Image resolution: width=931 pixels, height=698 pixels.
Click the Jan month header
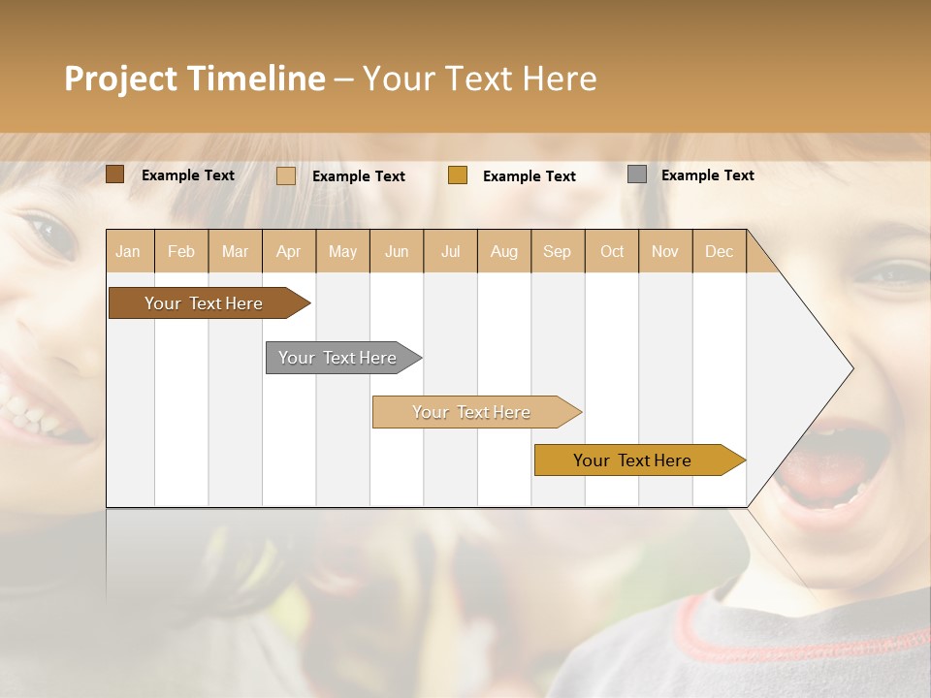click(x=128, y=251)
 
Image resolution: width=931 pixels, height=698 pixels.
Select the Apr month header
click(x=289, y=251)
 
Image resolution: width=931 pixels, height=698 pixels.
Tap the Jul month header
click(x=450, y=251)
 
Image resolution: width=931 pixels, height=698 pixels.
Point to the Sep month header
click(x=557, y=251)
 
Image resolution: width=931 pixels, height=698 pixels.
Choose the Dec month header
click(x=719, y=251)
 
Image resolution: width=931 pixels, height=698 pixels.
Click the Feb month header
click(x=181, y=251)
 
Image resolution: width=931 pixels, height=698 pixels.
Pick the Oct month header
click(x=612, y=251)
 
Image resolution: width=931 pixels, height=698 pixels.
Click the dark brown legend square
click(x=115, y=174)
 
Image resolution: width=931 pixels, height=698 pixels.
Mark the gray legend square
click(x=637, y=174)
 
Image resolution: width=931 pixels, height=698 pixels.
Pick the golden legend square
click(x=458, y=175)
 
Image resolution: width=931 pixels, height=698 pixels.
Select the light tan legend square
click(x=286, y=175)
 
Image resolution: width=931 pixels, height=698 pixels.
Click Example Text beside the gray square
click(x=707, y=174)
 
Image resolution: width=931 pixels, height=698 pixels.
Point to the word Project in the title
click(x=120, y=79)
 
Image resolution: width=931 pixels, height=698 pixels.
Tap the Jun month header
click(x=397, y=251)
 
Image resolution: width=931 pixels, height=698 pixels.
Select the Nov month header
click(x=665, y=251)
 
